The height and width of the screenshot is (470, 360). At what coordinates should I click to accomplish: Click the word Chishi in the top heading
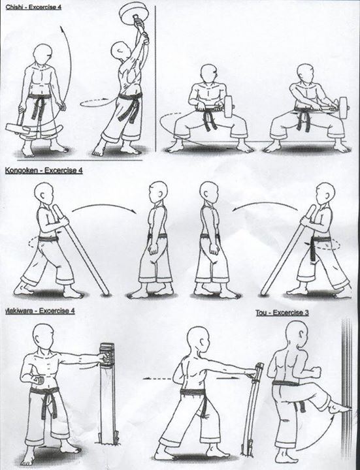(x=13, y=7)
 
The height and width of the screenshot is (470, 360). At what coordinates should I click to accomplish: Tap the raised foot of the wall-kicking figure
(x=338, y=408)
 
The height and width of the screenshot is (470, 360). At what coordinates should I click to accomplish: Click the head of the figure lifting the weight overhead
(x=120, y=51)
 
